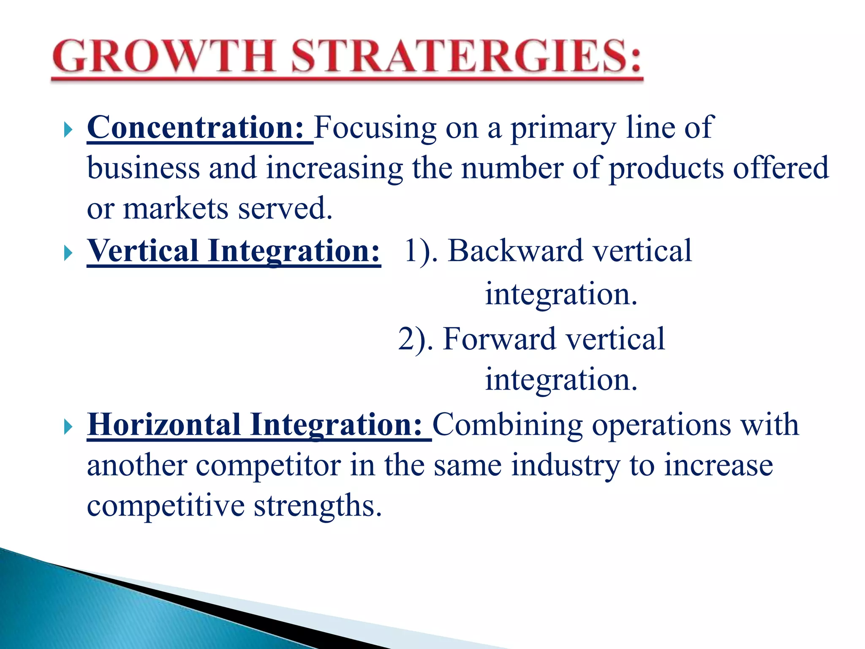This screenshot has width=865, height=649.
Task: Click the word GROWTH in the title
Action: [165, 57]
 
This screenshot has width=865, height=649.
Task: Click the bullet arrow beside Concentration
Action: [68, 130]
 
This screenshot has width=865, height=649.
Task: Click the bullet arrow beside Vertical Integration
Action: [68, 254]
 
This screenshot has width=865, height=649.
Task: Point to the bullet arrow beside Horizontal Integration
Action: [68, 427]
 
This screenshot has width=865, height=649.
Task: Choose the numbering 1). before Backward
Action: [420, 252]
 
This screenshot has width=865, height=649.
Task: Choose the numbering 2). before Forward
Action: [416, 339]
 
